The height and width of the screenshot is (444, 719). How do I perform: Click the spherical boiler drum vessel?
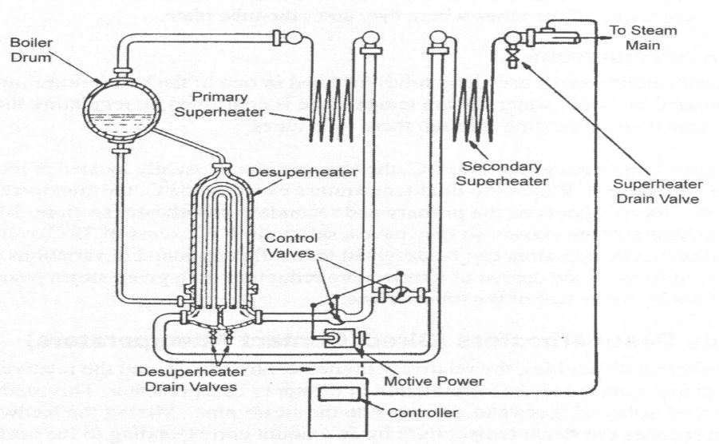tap(123, 111)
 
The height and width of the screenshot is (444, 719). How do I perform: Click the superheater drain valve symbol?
tap(511, 57)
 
